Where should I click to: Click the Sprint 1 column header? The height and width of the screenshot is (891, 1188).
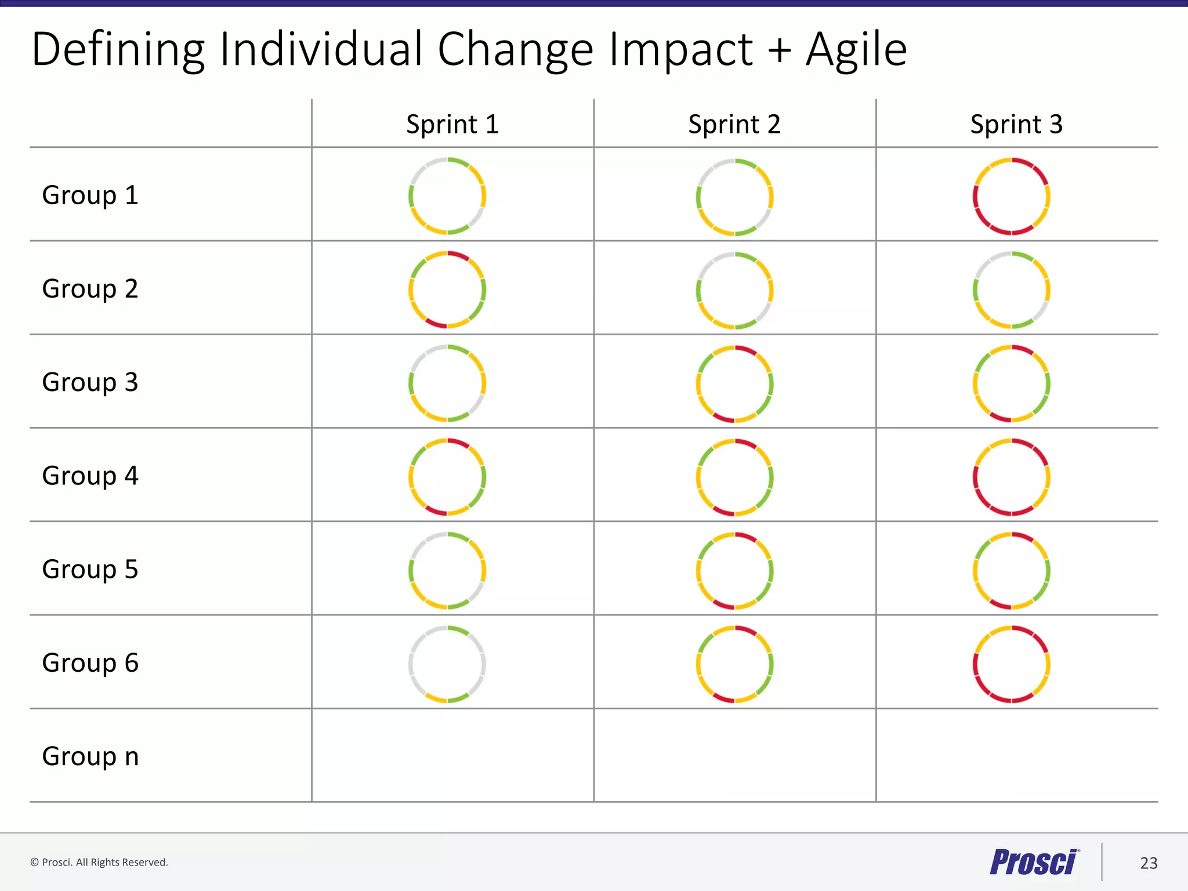coord(452,125)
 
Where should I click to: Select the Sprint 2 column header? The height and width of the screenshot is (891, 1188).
coord(734,125)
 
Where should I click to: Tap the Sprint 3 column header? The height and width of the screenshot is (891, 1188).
coord(1016,125)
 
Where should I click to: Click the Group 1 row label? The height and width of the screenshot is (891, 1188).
coord(90,195)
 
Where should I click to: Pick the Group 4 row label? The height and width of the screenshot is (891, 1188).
coord(90,476)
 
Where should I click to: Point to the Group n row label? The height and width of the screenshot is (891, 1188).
coord(90,756)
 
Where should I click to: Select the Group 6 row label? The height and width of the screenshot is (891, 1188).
coord(90,663)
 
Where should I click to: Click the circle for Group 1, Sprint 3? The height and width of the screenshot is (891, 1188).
coord(1012,196)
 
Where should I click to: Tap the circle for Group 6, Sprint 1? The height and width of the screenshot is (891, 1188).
coord(447,664)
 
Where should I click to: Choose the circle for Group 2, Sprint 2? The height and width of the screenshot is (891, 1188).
coord(735,290)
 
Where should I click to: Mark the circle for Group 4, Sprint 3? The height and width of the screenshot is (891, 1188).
coord(1012,477)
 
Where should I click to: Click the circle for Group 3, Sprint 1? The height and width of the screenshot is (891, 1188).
coord(447,383)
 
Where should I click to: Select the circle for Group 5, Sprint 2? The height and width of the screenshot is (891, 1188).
coord(735,571)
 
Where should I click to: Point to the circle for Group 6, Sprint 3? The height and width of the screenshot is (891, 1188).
coord(1012,664)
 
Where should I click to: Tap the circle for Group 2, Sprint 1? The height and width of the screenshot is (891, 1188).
coord(447,289)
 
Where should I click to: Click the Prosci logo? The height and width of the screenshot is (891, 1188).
coord(1034,862)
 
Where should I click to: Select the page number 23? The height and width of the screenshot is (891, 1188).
coord(1149,863)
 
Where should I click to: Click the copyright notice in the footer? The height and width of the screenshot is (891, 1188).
coord(99,863)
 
